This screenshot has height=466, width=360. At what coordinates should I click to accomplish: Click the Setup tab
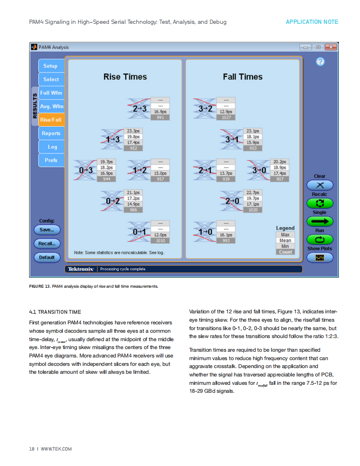[51, 66]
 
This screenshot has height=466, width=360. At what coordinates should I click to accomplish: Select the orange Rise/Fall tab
[51, 120]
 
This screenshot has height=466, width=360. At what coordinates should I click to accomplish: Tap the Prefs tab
[51, 160]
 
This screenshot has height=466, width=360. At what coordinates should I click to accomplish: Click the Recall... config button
[47, 244]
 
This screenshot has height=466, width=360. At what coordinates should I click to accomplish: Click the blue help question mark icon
[320, 61]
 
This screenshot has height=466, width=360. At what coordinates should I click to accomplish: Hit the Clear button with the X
[320, 185]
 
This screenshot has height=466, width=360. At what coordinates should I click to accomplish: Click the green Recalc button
[320, 203]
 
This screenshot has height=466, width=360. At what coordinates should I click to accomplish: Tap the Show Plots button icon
[320, 258]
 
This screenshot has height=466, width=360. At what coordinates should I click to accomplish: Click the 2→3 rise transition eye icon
[139, 109]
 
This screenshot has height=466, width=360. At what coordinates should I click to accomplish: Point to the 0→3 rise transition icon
[85, 170]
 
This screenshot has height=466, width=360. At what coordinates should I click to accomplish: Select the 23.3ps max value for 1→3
[133, 131]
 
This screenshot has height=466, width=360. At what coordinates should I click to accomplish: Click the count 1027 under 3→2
[226, 117]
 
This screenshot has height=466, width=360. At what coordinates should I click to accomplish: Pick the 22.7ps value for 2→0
[253, 192]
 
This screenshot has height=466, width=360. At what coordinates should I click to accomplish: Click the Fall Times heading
[243, 77]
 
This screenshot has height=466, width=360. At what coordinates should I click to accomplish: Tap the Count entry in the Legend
[285, 252]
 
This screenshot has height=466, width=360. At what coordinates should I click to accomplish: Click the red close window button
[330, 47]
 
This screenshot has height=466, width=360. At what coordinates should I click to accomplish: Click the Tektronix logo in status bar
[81, 269]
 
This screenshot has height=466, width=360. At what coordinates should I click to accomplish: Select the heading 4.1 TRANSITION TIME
[55, 312]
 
